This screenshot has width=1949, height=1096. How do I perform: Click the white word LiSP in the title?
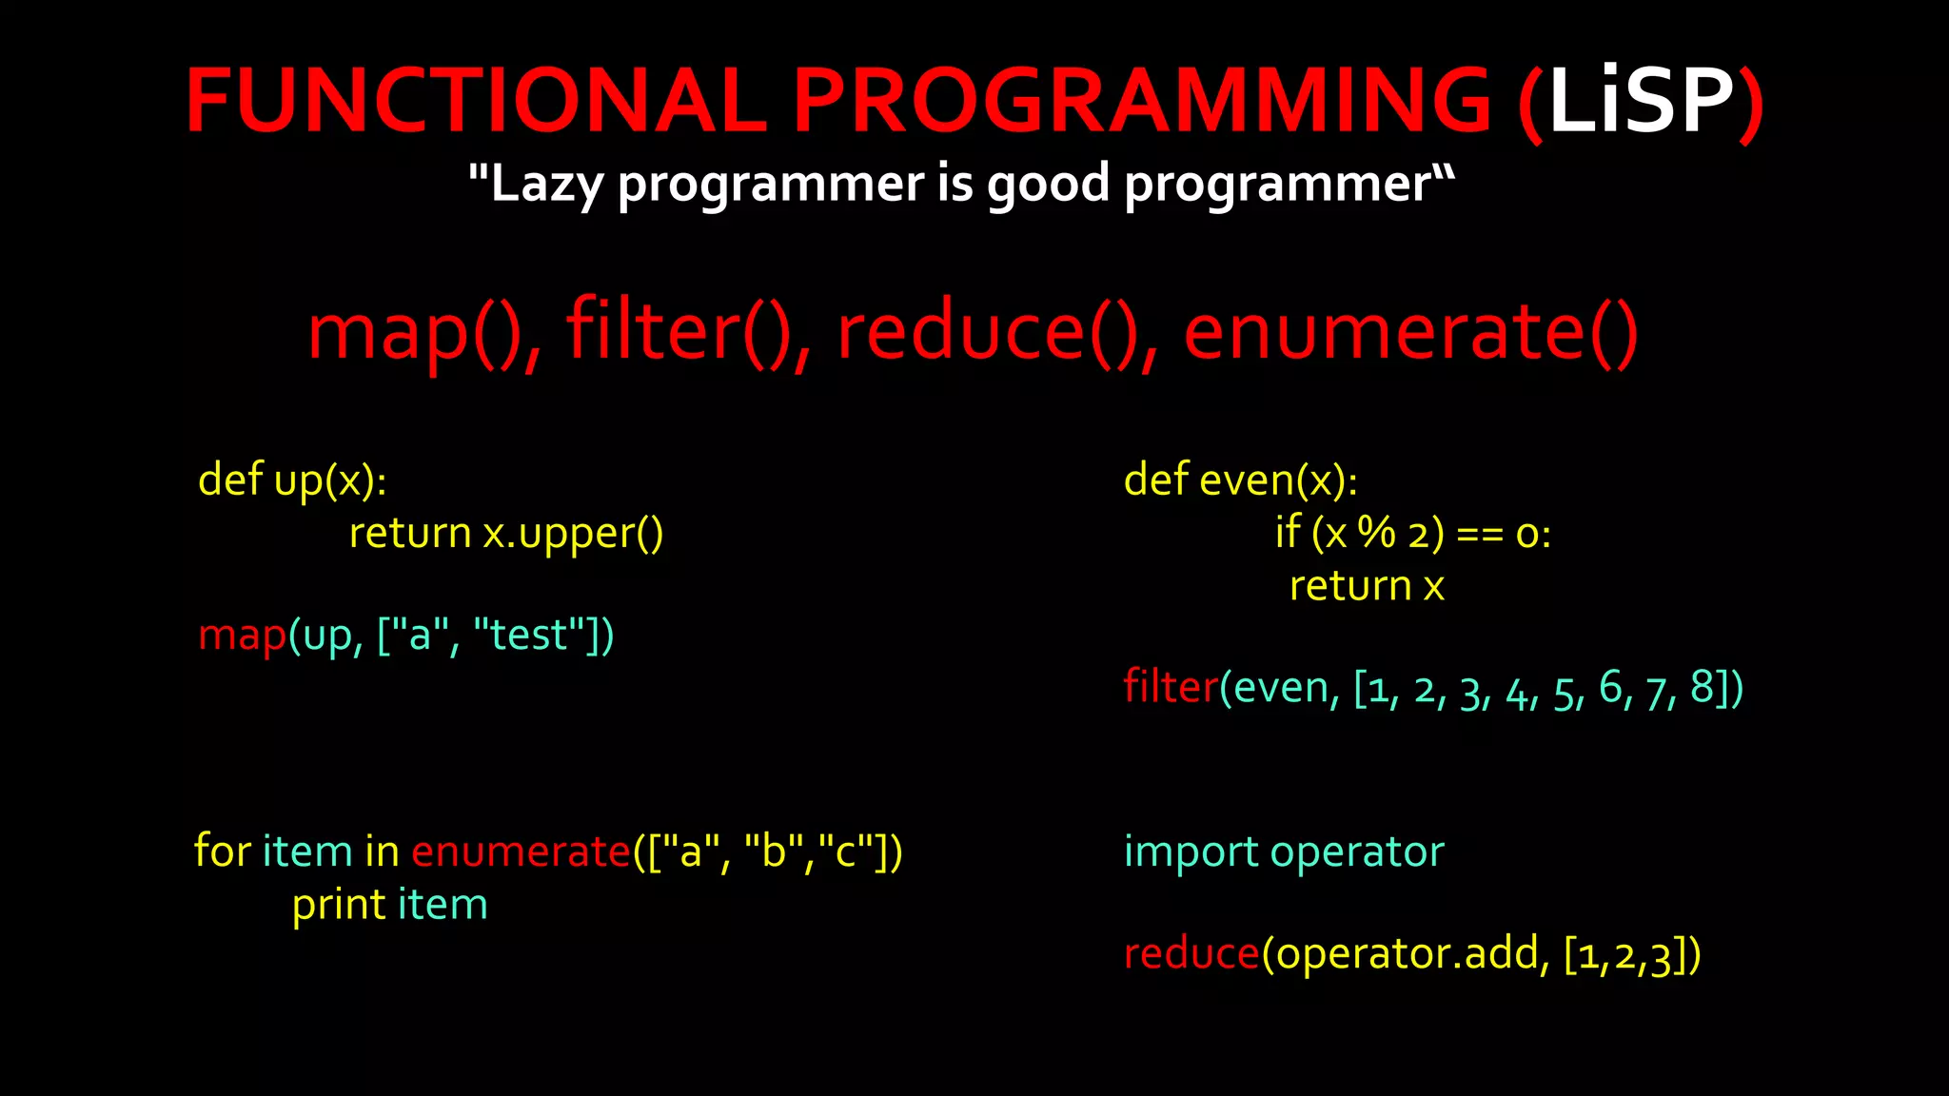click(1641, 101)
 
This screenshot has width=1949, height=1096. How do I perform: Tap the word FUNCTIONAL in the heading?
click(476, 101)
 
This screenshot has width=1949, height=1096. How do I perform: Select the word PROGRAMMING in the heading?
click(1142, 101)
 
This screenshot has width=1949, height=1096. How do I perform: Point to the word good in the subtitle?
click(1048, 184)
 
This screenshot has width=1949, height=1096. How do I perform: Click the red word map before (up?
click(242, 636)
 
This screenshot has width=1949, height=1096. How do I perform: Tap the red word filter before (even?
click(1171, 687)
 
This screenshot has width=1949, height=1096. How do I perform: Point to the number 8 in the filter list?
click(1702, 687)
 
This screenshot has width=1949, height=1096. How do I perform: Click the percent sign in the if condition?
click(1376, 533)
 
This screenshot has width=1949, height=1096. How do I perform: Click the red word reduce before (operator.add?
click(1191, 953)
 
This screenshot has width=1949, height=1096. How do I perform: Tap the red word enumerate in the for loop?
click(521, 851)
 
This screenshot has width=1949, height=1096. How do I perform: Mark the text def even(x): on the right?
click(1240, 479)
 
